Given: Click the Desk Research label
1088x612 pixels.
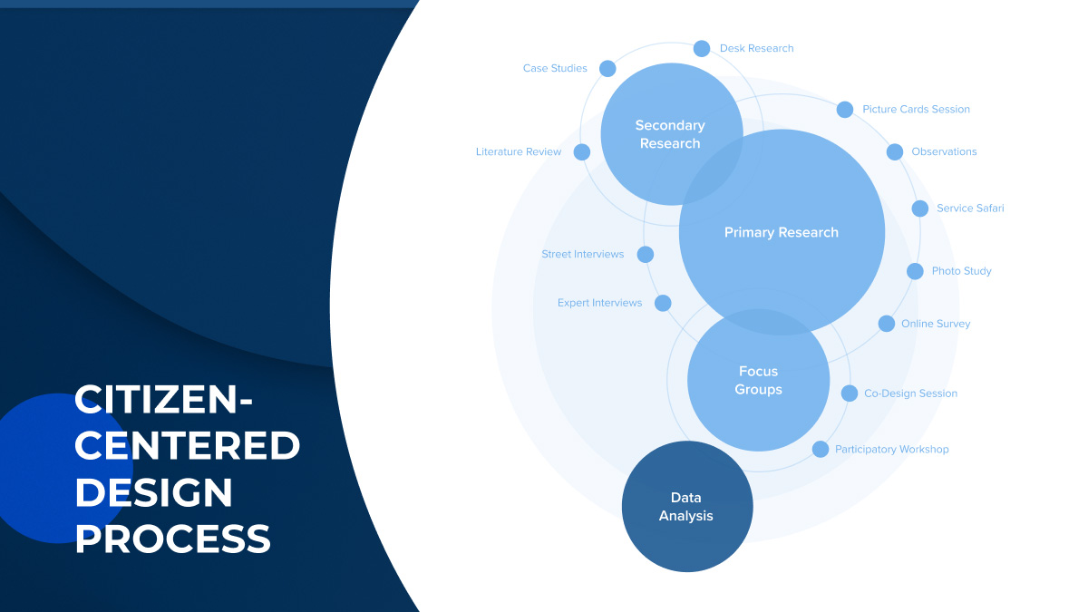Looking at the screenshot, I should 756,48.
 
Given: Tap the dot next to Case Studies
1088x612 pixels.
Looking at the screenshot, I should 607,69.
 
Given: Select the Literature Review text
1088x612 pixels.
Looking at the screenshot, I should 519,152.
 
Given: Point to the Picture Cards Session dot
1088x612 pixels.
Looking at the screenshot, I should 845,110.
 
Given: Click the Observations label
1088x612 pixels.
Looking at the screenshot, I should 944,152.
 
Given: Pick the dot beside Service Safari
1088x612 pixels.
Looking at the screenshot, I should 919,209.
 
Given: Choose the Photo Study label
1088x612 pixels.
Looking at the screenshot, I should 961,271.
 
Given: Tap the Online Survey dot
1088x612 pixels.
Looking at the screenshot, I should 887,324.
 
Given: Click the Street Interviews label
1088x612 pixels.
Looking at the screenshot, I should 583,255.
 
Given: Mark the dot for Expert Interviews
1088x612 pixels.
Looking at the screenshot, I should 663,303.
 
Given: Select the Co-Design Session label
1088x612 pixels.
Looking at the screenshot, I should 910,393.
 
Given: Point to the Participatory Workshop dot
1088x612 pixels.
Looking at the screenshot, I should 821,449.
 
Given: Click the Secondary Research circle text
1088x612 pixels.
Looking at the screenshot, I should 670,134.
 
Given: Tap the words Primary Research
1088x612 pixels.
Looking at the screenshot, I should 782,233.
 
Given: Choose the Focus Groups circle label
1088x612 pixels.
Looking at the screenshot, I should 759,381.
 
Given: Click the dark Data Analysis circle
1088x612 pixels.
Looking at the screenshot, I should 686,507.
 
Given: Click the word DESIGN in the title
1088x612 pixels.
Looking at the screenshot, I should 153,492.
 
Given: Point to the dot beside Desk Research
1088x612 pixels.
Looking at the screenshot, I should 702,49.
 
